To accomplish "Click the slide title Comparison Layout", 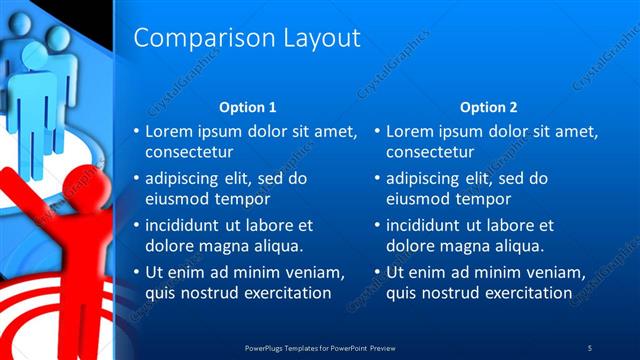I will [246, 38].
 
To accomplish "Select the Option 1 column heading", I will [247, 107].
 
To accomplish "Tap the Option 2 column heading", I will [488, 107].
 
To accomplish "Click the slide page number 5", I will [590, 347].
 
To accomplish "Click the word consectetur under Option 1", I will [189, 153].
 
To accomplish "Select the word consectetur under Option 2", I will [430, 153].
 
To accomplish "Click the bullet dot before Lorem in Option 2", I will [378, 131].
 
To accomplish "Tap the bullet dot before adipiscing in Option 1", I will [137, 178].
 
